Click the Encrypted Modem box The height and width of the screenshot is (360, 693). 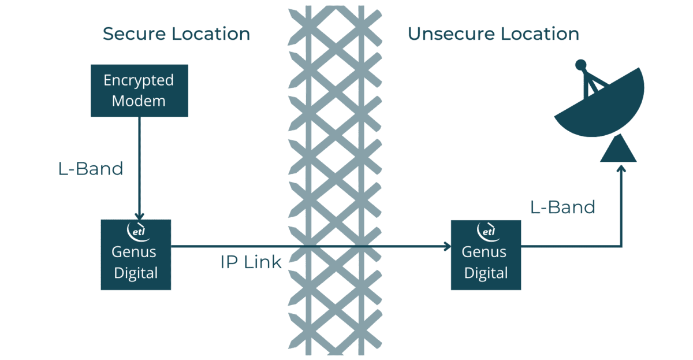point(139,90)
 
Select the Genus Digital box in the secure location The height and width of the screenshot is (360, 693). point(136,254)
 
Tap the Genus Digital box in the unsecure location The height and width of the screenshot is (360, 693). point(486,254)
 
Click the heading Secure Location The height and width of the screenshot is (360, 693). point(176,34)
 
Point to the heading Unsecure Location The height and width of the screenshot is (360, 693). point(493,34)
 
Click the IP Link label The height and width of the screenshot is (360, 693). point(251,262)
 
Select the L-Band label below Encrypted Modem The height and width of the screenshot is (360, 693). point(91,169)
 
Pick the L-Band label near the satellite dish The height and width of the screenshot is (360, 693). point(562,207)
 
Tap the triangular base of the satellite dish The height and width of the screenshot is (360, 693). point(619,150)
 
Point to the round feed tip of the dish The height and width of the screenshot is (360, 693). point(581,64)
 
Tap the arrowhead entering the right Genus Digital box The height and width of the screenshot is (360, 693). point(446,247)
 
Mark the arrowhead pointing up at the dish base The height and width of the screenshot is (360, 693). point(621,168)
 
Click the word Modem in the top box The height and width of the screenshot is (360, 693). point(139,101)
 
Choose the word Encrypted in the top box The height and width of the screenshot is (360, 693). point(139,80)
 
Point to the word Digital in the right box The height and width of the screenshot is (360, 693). point(486,273)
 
